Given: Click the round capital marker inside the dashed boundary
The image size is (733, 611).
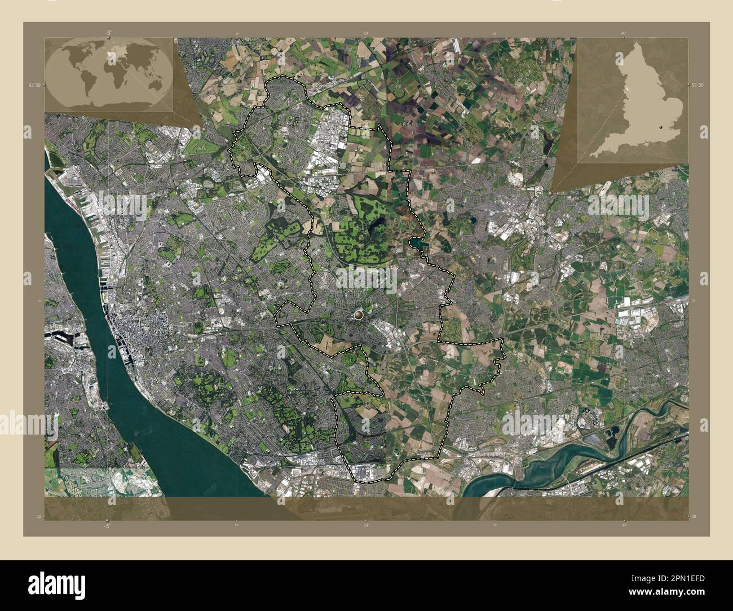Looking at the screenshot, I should (x=360, y=314).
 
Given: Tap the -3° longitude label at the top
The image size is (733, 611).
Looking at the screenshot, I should (x=107, y=33).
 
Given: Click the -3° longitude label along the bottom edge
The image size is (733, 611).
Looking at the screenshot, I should (x=107, y=525).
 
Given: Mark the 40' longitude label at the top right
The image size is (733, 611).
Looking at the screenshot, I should (x=623, y=34).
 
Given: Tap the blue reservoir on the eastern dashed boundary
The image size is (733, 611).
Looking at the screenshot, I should (x=418, y=244).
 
